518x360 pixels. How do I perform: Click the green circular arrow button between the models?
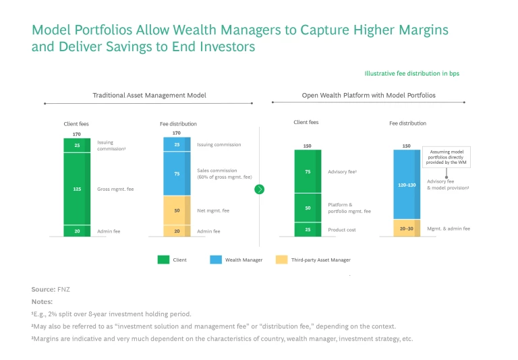coord(260,189)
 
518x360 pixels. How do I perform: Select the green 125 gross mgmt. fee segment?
coord(77,189)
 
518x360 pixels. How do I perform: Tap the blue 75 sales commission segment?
coord(177,173)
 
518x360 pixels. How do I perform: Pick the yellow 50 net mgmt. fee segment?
coord(177,210)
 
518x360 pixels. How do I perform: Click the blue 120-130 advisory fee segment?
coord(407,183)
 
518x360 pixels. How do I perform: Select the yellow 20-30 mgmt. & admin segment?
coord(407,228)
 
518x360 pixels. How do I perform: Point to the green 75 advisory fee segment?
coord(308,171)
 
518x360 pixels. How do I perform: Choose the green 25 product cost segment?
coord(308,229)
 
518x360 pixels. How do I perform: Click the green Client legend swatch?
coord(163,259)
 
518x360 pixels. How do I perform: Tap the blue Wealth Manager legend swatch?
coord(217,259)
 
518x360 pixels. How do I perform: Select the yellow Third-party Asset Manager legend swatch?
coord(281,259)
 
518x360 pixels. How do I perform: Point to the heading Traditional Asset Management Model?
coord(148,96)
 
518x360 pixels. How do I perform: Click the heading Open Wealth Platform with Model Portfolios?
coord(368,96)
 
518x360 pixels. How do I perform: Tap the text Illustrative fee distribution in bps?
coord(411,73)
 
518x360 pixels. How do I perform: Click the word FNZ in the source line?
coord(65,289)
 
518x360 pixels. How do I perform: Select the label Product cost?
coord(341,229)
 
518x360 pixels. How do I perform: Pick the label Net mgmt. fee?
coord(212,211)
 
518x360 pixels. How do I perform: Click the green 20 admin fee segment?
coord(77,231)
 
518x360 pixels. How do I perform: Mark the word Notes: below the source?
coord(42,301)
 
